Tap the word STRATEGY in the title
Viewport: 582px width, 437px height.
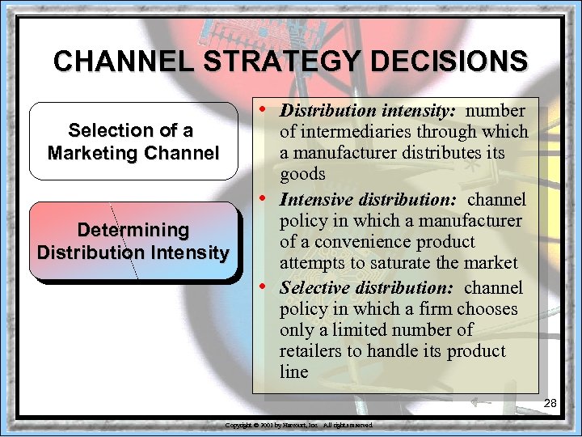[276, 61]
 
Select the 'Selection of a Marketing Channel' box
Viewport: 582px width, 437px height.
[133, 141]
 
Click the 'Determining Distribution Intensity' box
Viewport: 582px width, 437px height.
[133, 240]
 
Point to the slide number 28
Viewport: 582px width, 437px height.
[550, 403]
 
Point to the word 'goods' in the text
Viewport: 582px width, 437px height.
[302, 174]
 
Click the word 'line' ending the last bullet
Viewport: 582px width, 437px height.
[293, 372]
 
